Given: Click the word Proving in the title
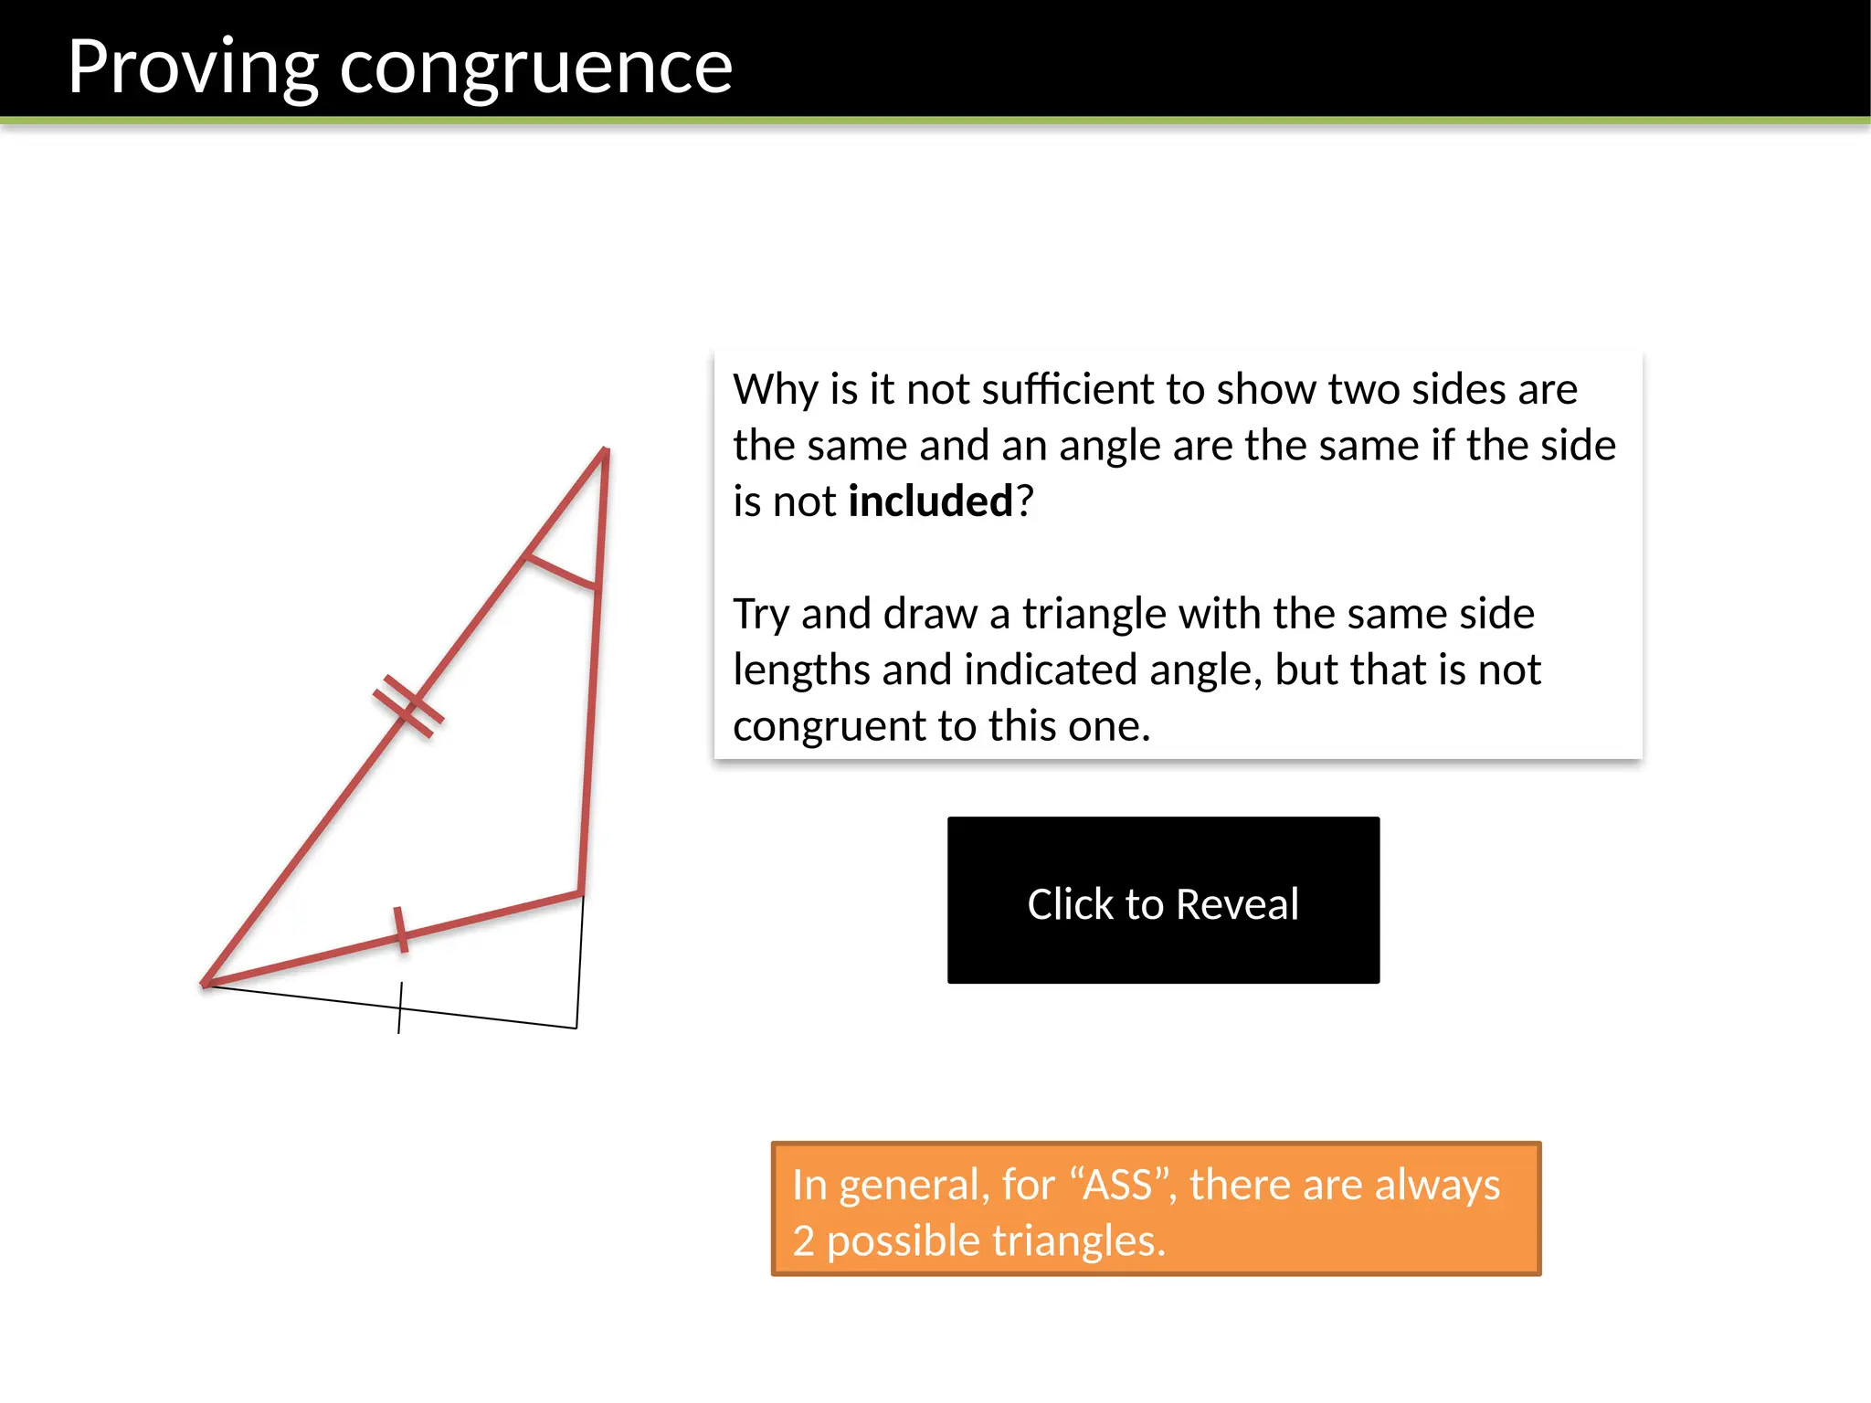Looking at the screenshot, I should (x=193, y=68).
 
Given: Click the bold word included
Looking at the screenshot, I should (x=930, y=501).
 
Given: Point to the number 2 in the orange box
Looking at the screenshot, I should (x=803, y=1241).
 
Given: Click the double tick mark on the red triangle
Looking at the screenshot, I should (x=408, y=706).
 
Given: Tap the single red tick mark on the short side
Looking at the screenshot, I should (x=400, y=930).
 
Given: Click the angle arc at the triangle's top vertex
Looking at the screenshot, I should (x=560, y=572).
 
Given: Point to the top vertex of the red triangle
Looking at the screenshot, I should (x=605, y=450).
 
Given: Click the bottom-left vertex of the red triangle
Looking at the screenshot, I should (x=206, y=984).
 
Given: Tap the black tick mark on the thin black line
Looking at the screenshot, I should (x=400, y=1007).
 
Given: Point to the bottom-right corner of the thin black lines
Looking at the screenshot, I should (x=576, y=1029).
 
